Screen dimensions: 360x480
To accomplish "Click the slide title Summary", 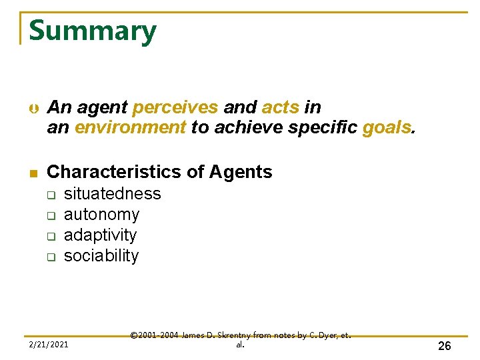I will point(93,31).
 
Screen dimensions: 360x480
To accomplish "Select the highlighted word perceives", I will point(175,107).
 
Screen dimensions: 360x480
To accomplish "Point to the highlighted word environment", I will point(130,127).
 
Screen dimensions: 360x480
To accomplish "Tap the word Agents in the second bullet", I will point(241,172).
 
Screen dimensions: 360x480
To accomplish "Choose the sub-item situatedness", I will point(112,194).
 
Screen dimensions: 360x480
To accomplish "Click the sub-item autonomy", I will point(101,215).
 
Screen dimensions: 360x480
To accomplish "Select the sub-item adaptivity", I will point(100,235).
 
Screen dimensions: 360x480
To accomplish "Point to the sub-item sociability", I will point(101,256).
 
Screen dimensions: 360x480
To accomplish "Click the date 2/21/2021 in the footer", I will point(48,345).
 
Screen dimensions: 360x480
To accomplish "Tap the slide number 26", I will point(444,345).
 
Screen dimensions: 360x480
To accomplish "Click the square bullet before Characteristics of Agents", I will point(31,173).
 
